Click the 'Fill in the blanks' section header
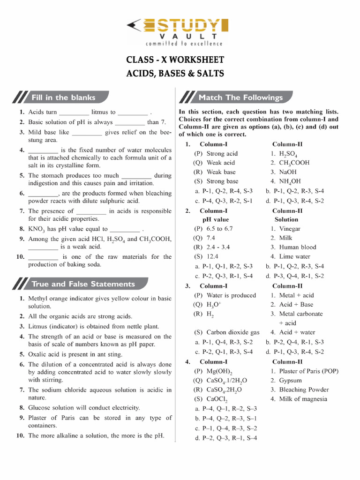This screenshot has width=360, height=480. (x=63, y=97)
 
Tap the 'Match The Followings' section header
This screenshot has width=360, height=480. (x=240, y=97)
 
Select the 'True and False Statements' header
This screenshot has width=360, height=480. (x=82, y=284)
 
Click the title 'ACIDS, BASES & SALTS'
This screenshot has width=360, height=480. (x=175, y=74)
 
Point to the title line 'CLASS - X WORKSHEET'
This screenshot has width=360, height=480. (x=175, y=60)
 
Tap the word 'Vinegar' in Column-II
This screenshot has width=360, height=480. (x=290, y=229)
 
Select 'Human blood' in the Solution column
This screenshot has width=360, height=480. (x=298, y=247)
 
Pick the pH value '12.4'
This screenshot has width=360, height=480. (x=212, y=256)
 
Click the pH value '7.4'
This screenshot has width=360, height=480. (x=210, y=238)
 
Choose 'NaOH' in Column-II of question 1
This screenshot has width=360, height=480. (x=288, y=172)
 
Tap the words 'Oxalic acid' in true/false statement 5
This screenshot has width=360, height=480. (x=45, y=354)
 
